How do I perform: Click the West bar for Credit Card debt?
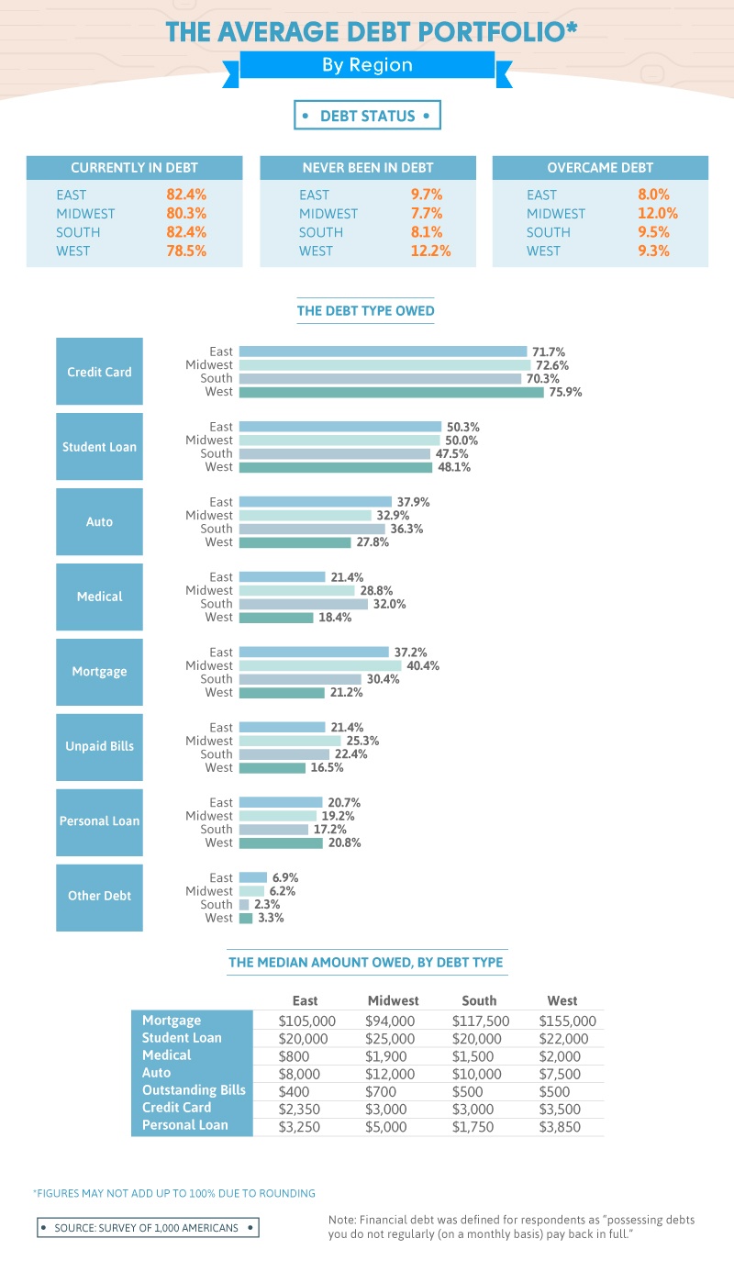tap(391, 392)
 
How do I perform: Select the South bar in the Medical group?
tap(303, 604)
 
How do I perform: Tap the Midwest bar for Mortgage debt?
tap(319, 665)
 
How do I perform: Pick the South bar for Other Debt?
tap(244, 904)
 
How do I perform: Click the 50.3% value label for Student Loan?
tap(463, 427)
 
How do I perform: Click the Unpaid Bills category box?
tap(99, 746)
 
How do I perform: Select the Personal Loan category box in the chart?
tap(99, 821)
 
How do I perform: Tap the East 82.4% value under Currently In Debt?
tap(186, 195)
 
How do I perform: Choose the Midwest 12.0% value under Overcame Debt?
tap(658, 213)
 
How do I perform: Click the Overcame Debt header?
tap(600, 168)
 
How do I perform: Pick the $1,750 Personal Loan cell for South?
tap(477, 1126)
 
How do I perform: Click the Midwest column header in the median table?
tap(393, 1000)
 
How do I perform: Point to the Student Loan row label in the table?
tap(182, 1038)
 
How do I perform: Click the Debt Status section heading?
tap(367, 117)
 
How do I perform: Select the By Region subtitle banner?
tap(367, 65)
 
